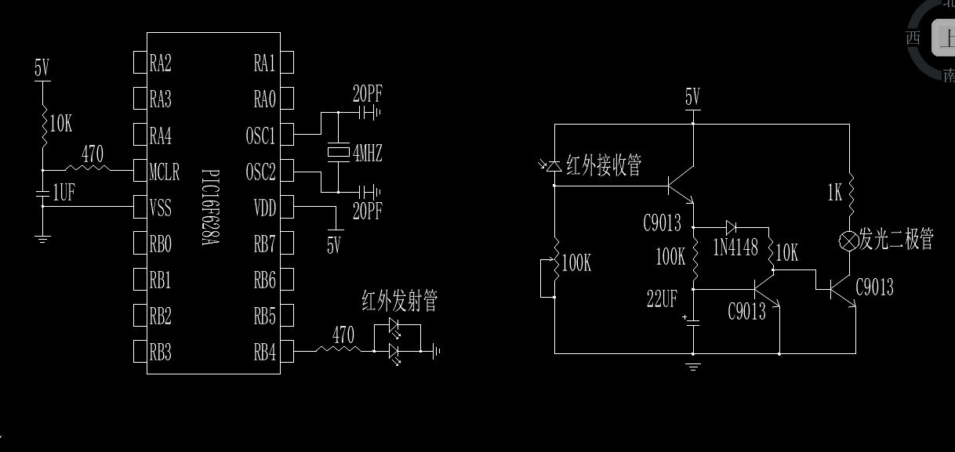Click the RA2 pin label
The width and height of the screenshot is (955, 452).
coord(161,63)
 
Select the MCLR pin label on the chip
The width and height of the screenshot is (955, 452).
coord(165,171)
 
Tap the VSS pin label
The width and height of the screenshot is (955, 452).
coord(161,208)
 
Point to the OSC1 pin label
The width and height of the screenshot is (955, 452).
coord(260,136)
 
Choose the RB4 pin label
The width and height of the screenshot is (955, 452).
coord(264,353)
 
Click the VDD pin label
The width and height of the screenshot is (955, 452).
coord(264,208)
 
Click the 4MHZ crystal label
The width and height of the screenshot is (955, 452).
coord(367,153)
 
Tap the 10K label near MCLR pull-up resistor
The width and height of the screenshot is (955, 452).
coord(61,123)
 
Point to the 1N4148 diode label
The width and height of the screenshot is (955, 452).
coord(735,248)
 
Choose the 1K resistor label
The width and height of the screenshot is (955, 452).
coord(833,192)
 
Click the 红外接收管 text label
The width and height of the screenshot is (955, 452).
coord(604,165)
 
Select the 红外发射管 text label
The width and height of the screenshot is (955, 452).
coord(399,302)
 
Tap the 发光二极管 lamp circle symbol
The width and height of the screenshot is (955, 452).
coord(849,240)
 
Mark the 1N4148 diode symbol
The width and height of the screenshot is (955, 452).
coord(731,227)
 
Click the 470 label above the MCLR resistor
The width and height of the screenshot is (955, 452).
coord(93,154)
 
